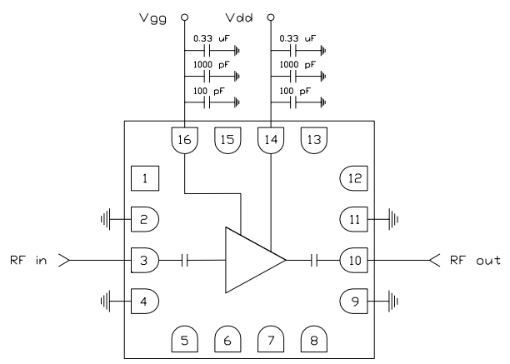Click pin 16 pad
(183, 139)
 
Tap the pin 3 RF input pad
(144, 261)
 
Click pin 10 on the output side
(353, 261)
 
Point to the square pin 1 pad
(145, 178)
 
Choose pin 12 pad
(353, 178)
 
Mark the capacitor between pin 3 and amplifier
(186, 261)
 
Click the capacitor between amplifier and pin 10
(313, 261)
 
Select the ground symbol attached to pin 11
(393, 220)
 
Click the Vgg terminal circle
(183, 16)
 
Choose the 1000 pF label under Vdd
(296, 63)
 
